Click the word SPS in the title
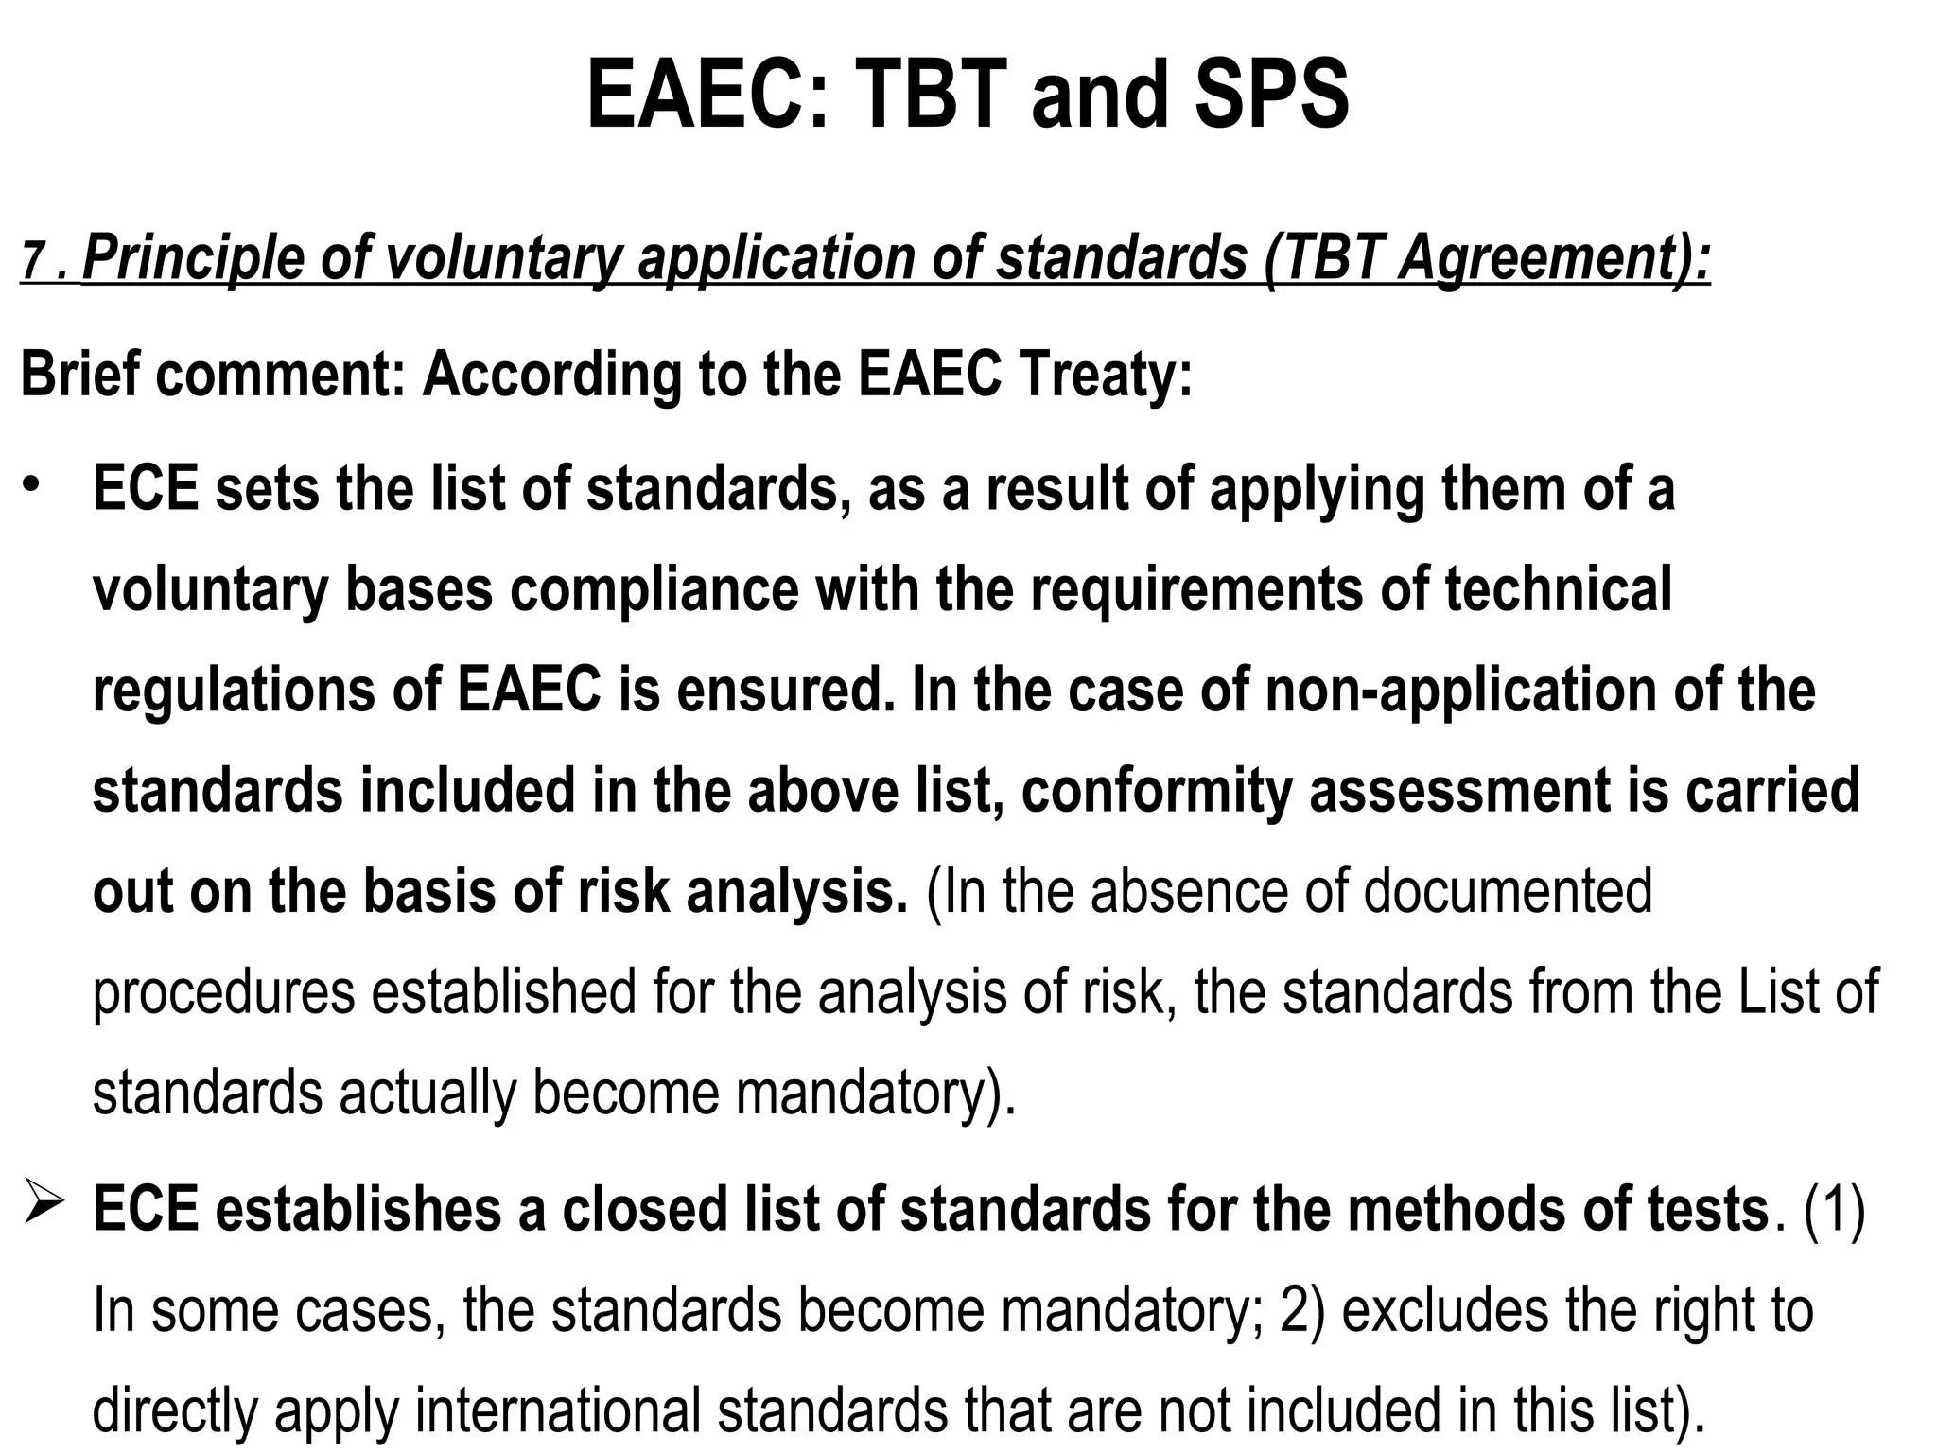coord(1271,96)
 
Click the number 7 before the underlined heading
coord(33,262)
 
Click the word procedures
coord(223,992)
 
